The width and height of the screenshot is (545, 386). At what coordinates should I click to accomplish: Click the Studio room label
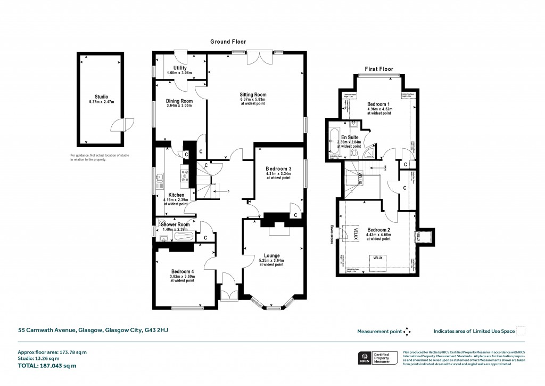[x=97, y=97]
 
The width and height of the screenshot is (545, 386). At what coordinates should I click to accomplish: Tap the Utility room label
[x=179, y=68]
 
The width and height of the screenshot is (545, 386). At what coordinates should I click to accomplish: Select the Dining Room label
[x=179, y=101]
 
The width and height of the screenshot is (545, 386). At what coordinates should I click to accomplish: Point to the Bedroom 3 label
[x=278, y=168]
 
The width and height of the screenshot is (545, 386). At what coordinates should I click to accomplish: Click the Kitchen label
[x=176, y=195]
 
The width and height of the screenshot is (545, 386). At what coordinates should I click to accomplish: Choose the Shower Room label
[x=175, y=224]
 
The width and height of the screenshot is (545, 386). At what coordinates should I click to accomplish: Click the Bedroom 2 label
[x=378, y=230]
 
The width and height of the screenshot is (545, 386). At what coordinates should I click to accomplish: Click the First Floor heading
[x=378, y=69]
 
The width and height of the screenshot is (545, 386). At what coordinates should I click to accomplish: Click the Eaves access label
[x=332, y=233]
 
